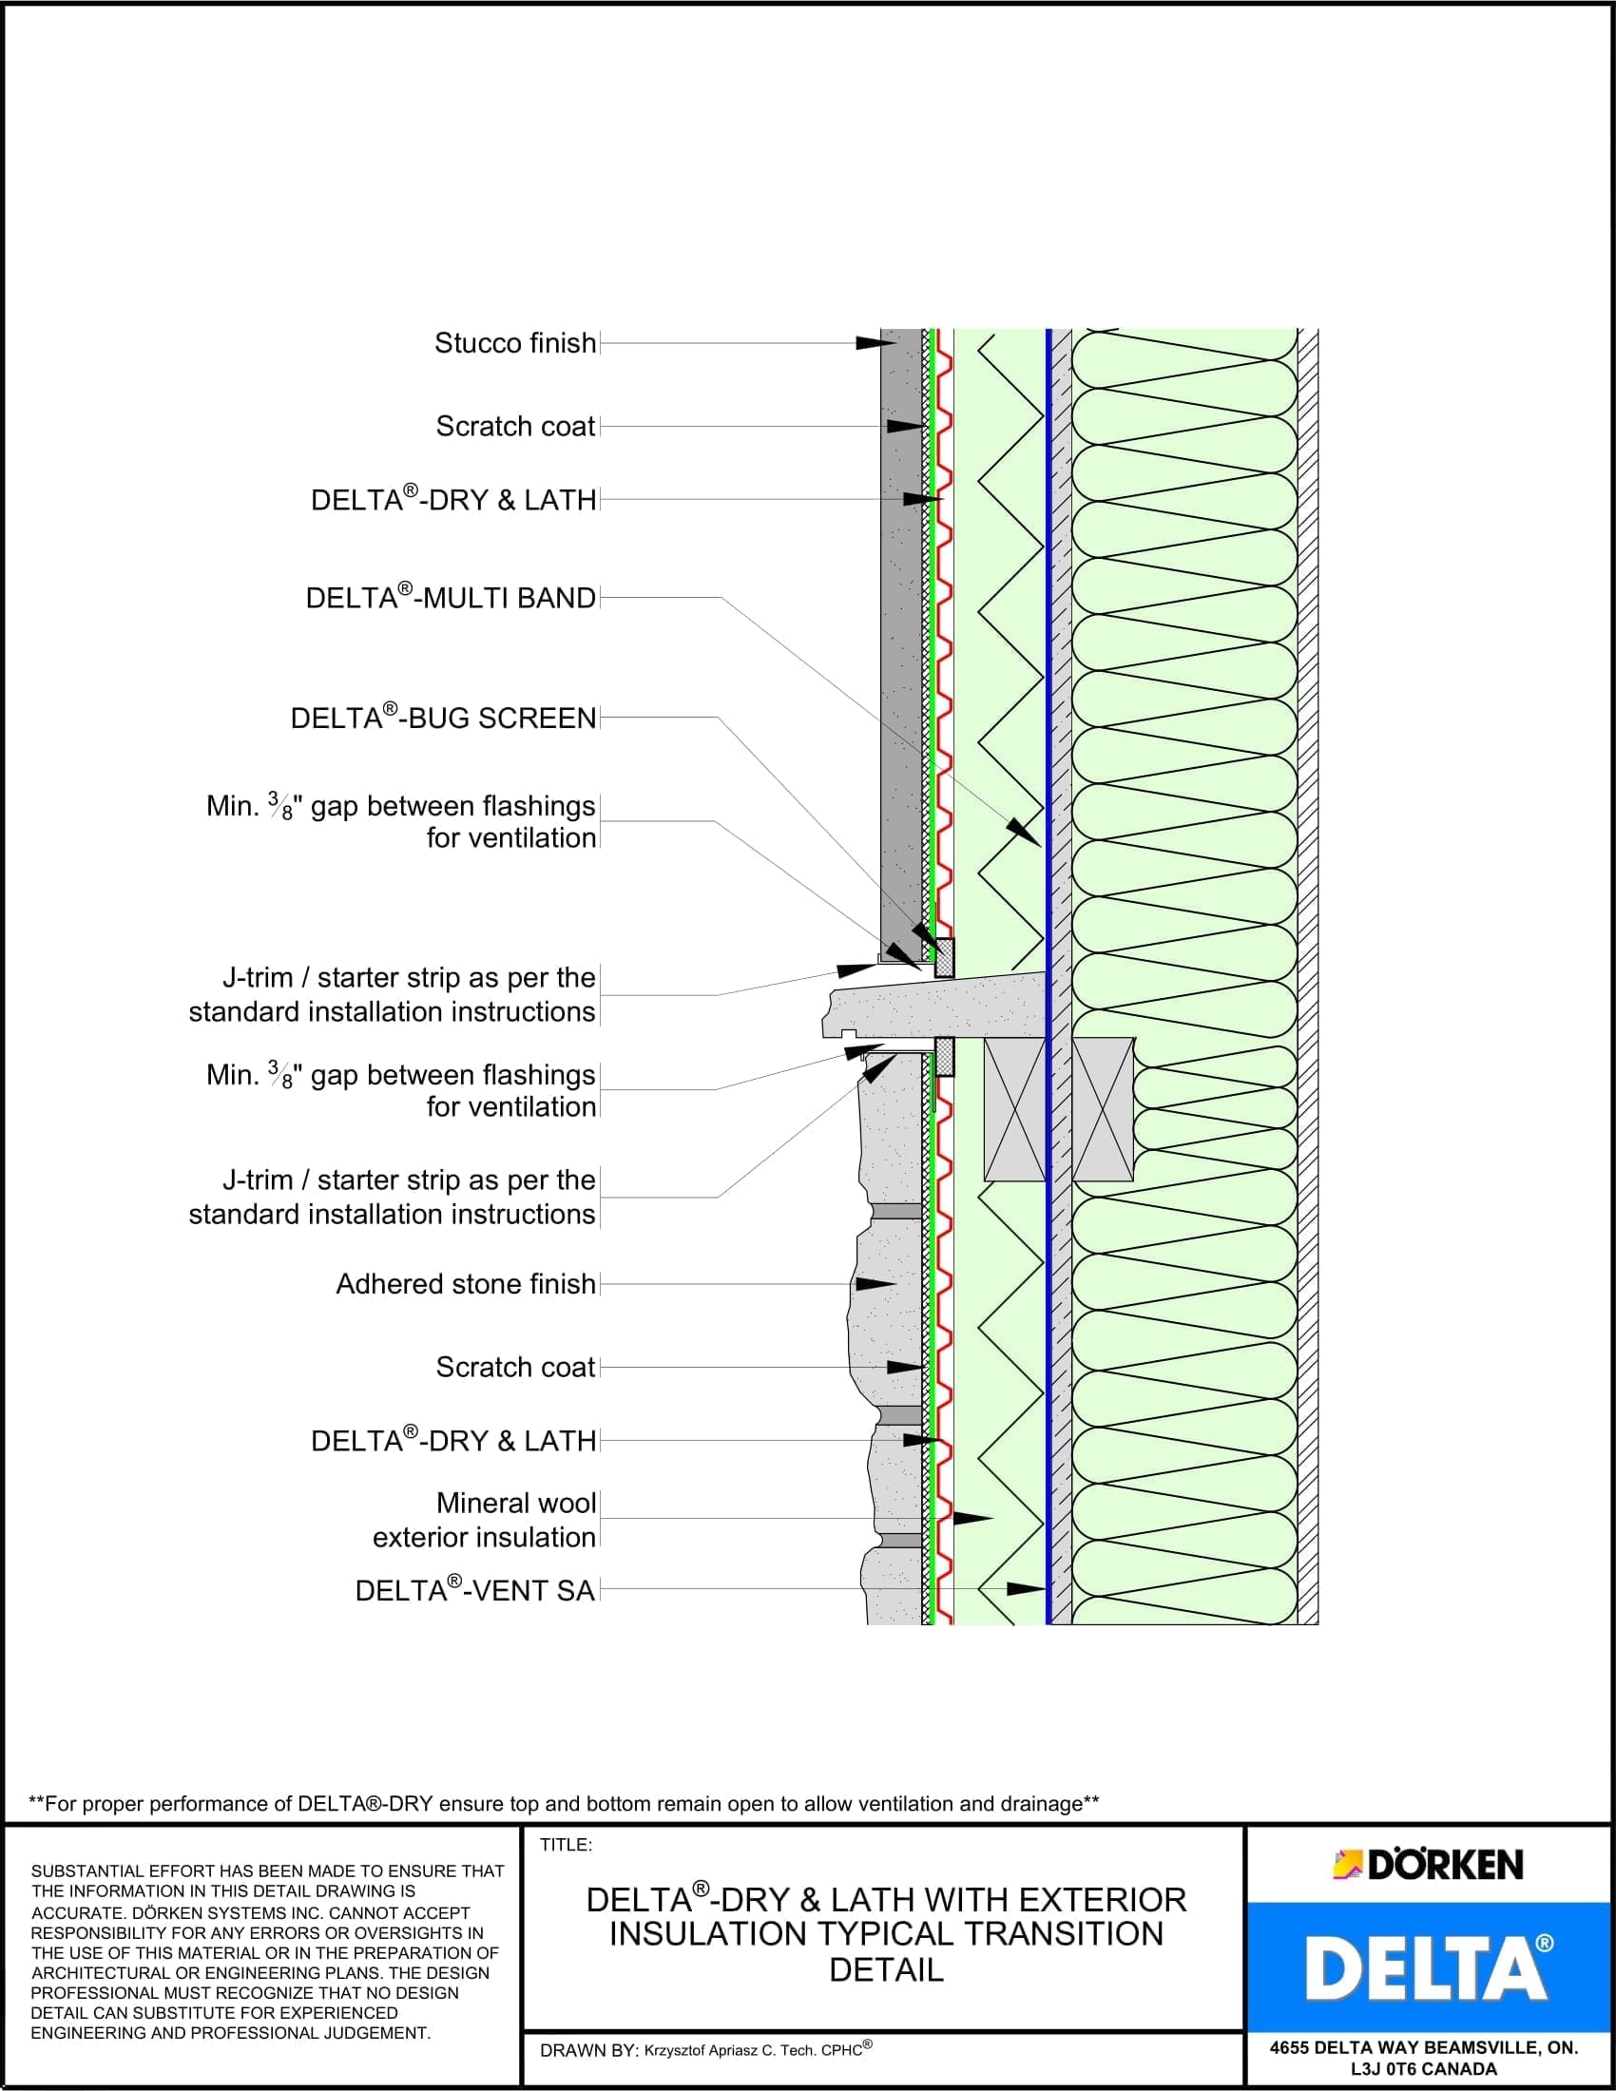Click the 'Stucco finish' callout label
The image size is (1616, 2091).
pos(515,344)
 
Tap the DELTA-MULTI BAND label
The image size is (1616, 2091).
pos(451,599)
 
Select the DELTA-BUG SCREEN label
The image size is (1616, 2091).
pos(443,718)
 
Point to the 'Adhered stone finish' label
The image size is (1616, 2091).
pos(465,1284)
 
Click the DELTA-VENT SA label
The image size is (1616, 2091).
pos(475,1590)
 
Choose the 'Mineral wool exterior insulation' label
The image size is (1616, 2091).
pos(485,1521)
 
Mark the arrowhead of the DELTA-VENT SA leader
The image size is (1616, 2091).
pos(1027,1589)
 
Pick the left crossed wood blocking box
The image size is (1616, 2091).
pos(1014,1109)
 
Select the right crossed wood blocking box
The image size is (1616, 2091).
pos(1103,1109)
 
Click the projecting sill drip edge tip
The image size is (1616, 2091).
pos(829,1029)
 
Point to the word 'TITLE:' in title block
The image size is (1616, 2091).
pos(566,1845)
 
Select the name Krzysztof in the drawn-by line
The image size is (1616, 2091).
pos(678,2051)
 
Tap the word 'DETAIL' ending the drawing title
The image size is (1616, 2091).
pos(887,1970)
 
